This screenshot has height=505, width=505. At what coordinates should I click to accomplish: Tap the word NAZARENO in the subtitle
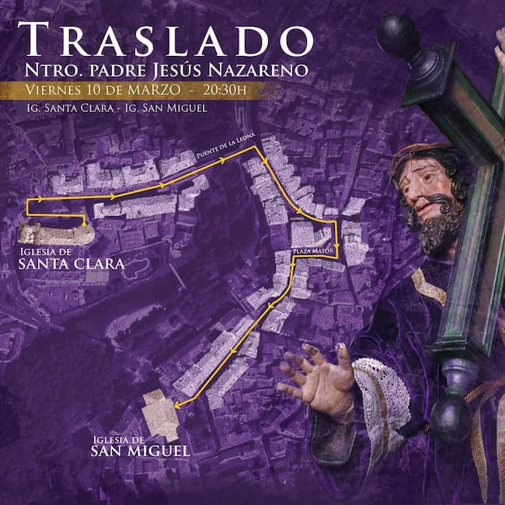pos(264,69)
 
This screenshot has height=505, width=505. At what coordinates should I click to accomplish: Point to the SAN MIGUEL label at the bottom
pos(140,450)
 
